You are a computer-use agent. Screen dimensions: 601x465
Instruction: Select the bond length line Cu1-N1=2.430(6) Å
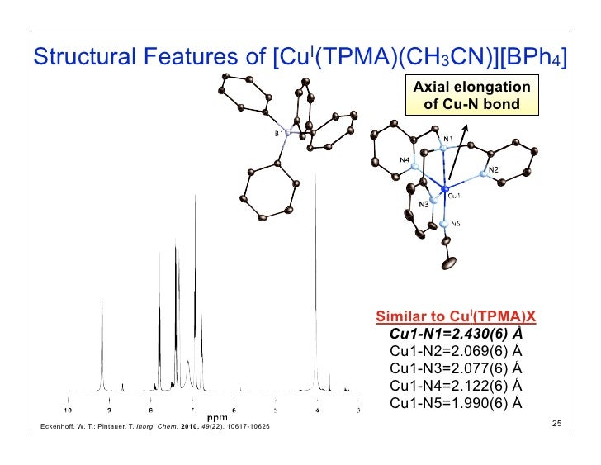456,334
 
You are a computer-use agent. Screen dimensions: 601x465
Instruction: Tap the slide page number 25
556,424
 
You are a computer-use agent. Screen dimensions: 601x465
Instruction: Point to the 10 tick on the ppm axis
68,408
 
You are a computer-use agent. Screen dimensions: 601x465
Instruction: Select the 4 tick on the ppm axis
317,408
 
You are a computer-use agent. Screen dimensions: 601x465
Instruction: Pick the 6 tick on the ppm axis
234,408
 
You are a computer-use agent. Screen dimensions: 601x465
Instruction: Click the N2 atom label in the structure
493,171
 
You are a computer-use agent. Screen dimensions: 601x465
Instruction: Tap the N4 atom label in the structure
405,159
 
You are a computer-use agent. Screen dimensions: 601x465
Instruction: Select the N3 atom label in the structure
424,204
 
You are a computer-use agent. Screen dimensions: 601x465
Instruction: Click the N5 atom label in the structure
455,223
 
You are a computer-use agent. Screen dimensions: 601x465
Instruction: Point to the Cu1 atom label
455,197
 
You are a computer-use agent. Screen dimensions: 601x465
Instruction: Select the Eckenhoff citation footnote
149,425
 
